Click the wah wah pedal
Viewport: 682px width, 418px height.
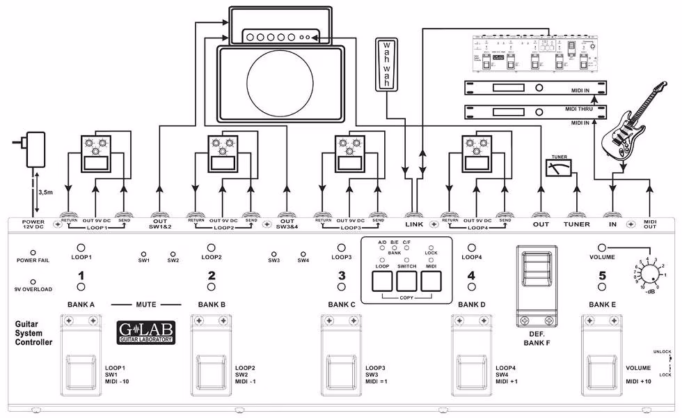click(x=385, y=63)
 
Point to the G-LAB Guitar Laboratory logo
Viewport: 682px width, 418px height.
click(x=146, y=332)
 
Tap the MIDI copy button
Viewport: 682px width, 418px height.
click(x=431, y=280)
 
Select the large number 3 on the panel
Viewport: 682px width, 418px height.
click(x=342, y=276)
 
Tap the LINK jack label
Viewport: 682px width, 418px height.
click(x=414, y=224)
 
